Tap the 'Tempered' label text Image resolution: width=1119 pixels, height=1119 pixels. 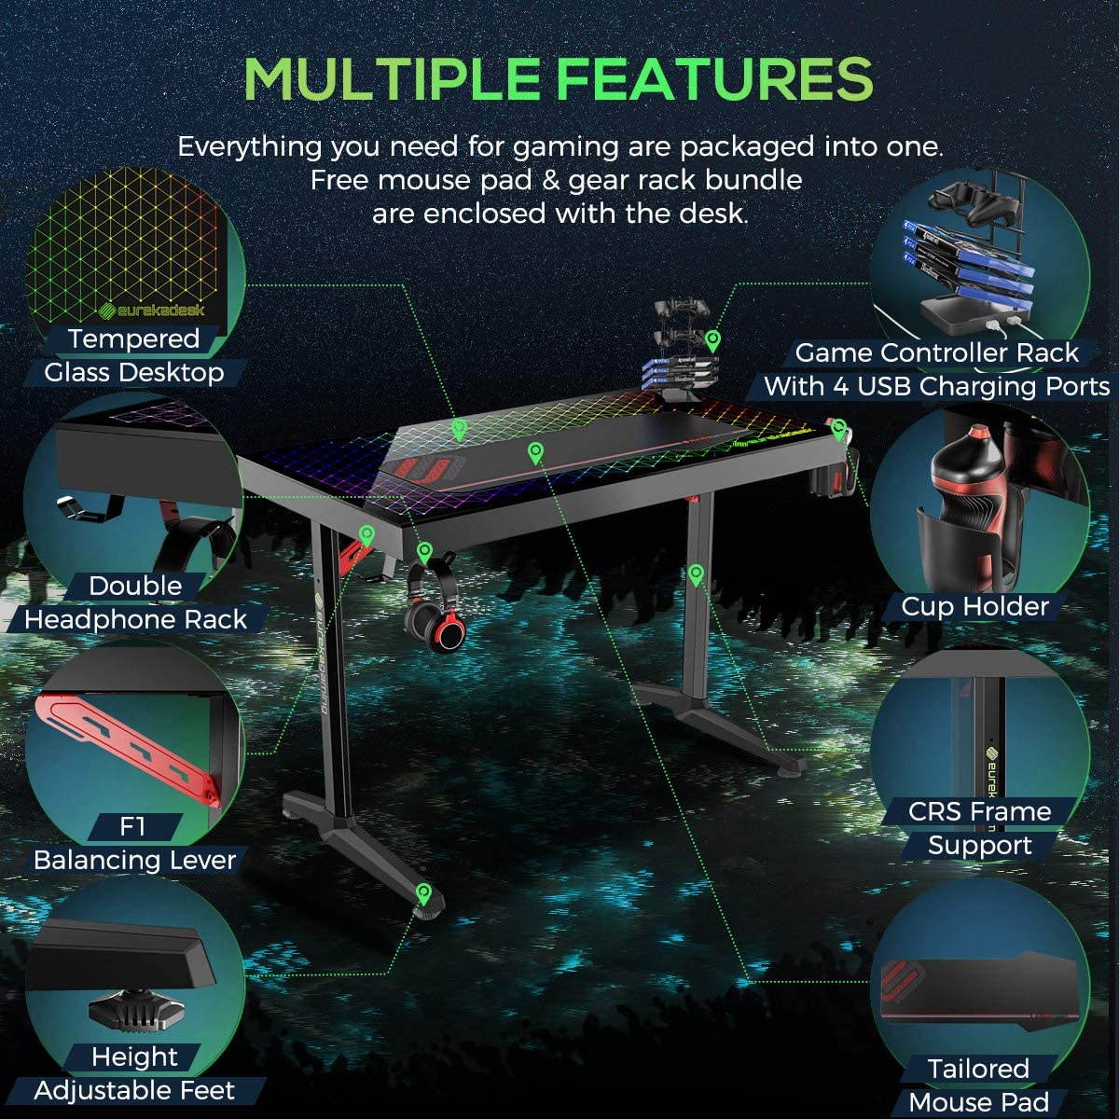(134, 338)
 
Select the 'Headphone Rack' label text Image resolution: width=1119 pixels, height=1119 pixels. (136, 619)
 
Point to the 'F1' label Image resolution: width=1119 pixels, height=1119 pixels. (133, 826)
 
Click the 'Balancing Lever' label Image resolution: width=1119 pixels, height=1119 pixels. (135, 860)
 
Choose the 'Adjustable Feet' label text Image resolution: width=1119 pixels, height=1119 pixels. (135, 1090)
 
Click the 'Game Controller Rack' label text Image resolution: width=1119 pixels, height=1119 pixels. (936, 352)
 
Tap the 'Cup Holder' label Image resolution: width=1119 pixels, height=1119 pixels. (974, 606)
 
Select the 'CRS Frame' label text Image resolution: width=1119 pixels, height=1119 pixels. (979, 811)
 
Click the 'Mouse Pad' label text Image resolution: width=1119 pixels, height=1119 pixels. (978, 1102)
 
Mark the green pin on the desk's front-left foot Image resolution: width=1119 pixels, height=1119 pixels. (424, 893)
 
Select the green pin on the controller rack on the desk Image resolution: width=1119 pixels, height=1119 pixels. (713, 338)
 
